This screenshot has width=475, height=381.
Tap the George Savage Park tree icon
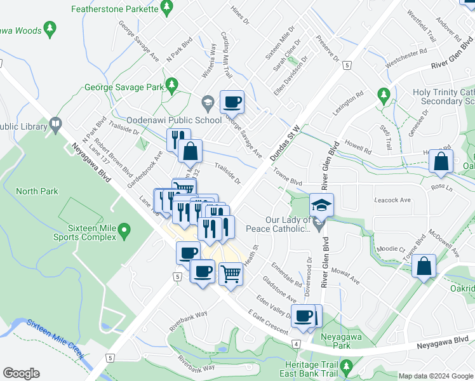[171, 84]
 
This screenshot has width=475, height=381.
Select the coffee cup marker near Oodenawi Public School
[232, 101]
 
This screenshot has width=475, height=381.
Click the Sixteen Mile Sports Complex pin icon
[124, 229]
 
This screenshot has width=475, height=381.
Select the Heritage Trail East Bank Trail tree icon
[346, 366]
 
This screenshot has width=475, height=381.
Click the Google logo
[21, 373]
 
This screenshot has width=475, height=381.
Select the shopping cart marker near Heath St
[231, 274]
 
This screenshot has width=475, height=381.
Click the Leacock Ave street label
[392, 199]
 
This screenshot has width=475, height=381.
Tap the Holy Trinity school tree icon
[383, 95]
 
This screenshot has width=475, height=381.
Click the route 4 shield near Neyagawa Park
[296, 344]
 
